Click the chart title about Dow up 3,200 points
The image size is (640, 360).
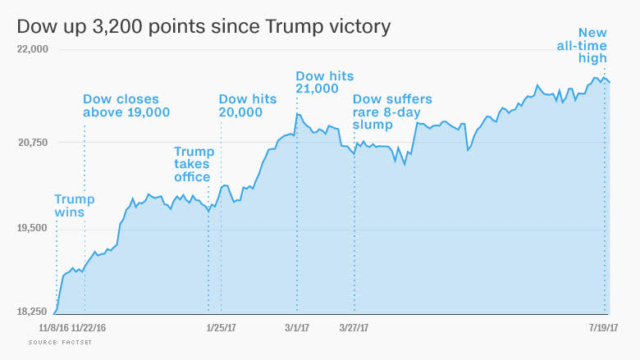point(203,26)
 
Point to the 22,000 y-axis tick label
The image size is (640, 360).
point(34,49)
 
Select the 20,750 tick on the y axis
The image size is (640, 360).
point(34,143)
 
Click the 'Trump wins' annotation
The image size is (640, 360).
point(75,206)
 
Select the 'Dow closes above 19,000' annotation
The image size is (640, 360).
point(126,106)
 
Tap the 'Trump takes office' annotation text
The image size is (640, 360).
point(194,164)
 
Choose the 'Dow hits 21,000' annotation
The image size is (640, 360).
point(324,82)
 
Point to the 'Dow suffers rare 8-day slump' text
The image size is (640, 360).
point(391,112)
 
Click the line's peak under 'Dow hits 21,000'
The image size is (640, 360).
point(298,114)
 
